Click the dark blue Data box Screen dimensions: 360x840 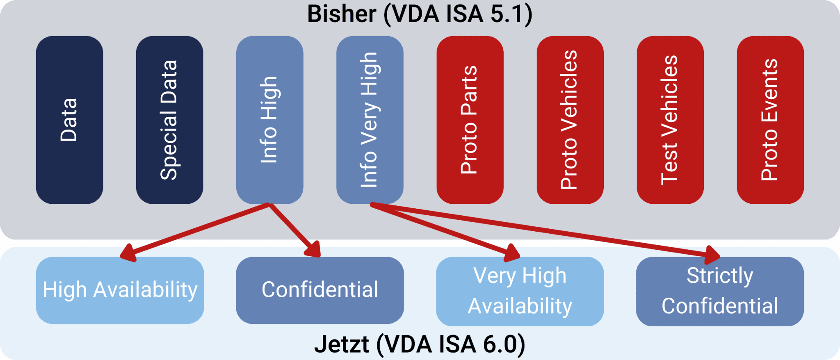coord(69,120)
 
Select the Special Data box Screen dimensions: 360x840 coord(169,120)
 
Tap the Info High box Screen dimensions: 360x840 coord(269,120)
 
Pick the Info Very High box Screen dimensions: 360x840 coord(370,120)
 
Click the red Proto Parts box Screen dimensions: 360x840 coord(470,120)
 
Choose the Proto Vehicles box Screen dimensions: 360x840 coord(570,120)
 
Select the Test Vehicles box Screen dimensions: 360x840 coord(670,120)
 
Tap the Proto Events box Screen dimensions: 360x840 coord(770,120)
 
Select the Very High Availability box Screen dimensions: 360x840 coord(520,291)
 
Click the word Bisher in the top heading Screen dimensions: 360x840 coord(341,14)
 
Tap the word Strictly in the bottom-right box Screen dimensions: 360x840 coord(720,276)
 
